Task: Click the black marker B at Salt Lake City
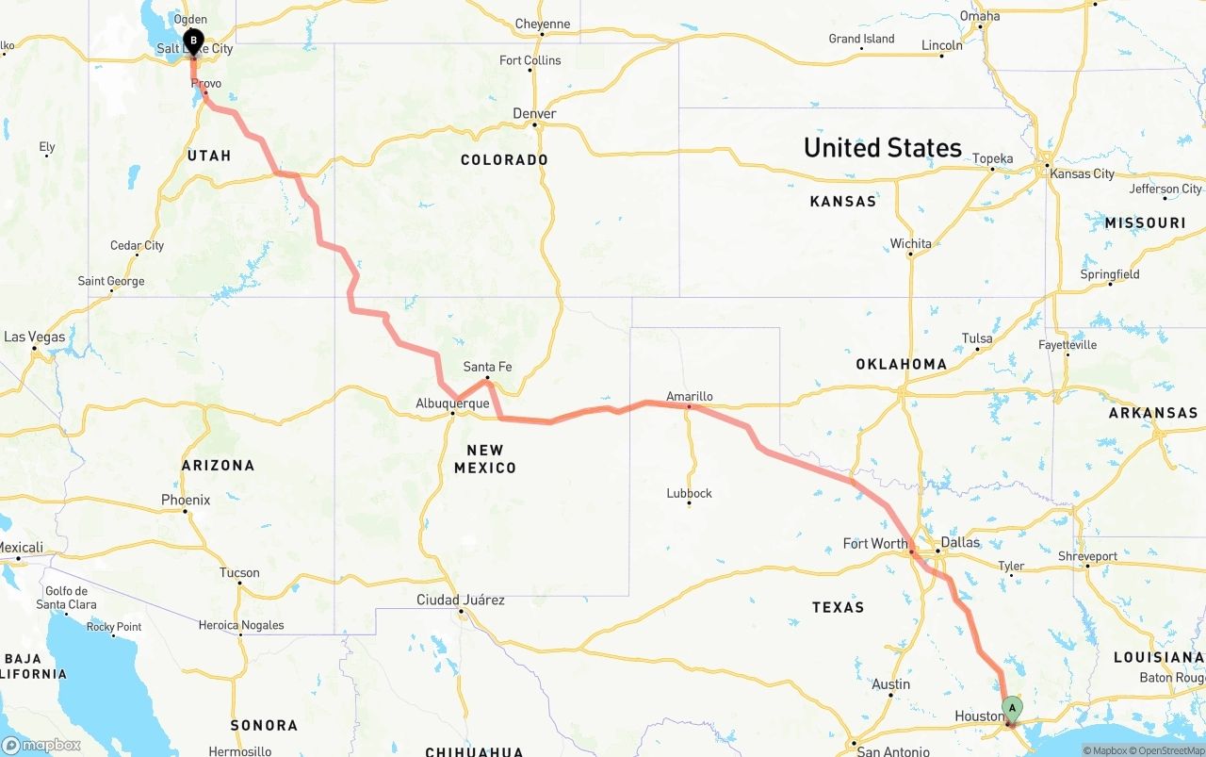click(193, 41)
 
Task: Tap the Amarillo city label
click(689, 396)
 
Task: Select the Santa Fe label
click(487, 367)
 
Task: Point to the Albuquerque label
click(452, 403)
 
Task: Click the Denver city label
click(534, 113)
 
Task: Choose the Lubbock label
click(689, 493)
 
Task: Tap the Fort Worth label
click(874, 543)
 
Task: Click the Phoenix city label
click(186, 500)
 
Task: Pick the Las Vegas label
click(35, 337)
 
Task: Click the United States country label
click(882, 148)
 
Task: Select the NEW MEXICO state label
click(485, 459)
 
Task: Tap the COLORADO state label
click(504, 160)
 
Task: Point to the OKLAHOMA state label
click(901, 364)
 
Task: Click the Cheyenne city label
click(543, 24)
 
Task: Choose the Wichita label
click(911, 243)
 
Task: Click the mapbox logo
click(41, 746)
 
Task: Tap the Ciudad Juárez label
click(461, 600)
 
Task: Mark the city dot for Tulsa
click(977, 350)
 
